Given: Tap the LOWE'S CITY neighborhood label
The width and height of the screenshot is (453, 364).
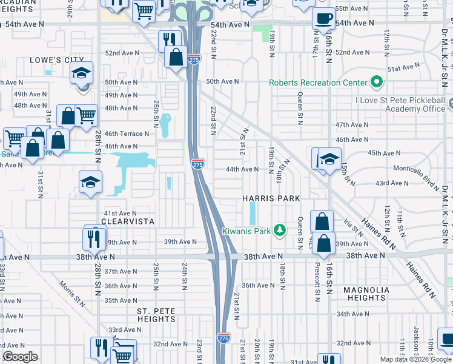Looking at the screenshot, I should coord(56,61).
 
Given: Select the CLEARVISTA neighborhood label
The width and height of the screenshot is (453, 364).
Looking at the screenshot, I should coord(126,223).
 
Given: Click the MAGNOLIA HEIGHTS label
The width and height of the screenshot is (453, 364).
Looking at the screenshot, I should coord(366,294).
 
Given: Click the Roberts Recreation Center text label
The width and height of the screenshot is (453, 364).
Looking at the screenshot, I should coord(319,83).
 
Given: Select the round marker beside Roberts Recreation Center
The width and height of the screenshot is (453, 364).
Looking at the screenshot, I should coord(377,82).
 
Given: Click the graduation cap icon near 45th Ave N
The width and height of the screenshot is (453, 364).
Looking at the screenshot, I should coord(329,160).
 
